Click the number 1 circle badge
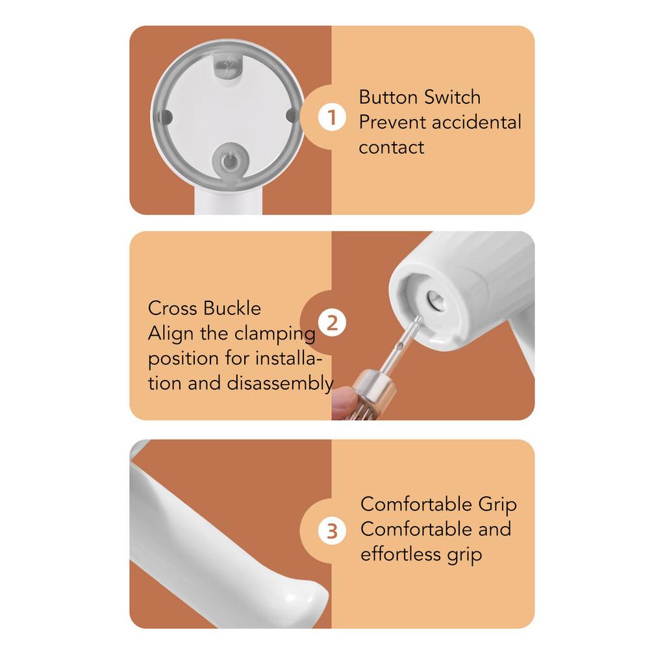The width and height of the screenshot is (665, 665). [332, 118]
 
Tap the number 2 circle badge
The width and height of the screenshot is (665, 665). [332, 323]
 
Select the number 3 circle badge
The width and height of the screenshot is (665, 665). [332, 531]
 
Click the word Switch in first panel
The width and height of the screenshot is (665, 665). [451, 97]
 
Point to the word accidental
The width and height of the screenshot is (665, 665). [477, 122]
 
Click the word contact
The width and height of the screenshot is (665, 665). [391, 147]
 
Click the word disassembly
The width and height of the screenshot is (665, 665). [280, 383]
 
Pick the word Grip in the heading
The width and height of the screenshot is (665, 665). [497, 505]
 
